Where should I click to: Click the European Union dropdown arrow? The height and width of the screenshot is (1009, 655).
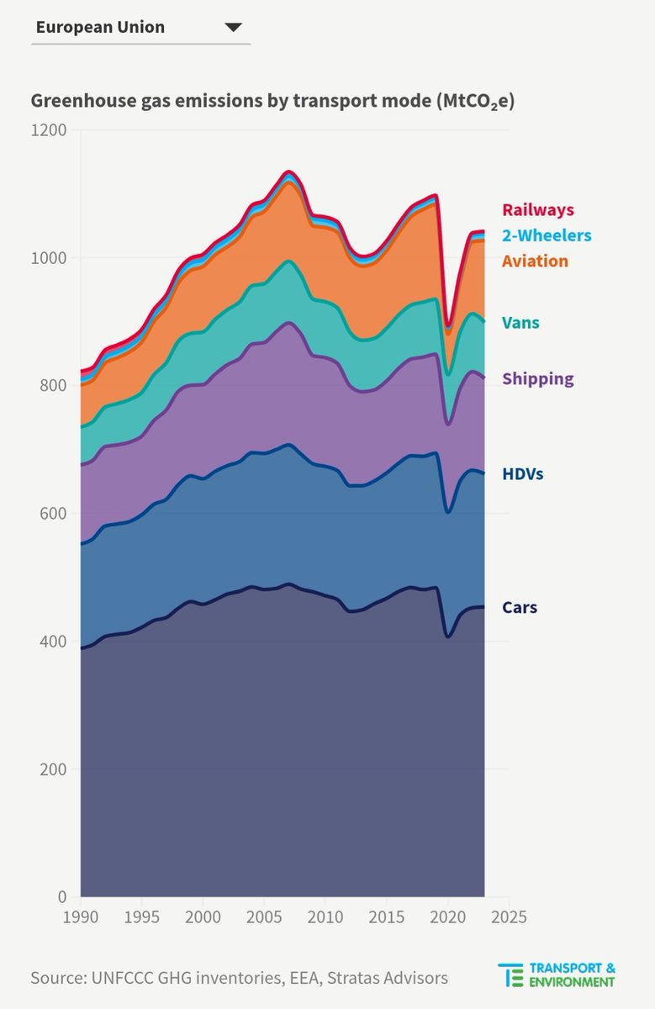233,28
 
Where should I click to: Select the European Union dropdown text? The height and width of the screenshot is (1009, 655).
100,27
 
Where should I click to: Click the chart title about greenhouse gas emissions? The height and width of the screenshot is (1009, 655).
272,102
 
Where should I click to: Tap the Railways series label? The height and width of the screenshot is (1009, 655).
538,210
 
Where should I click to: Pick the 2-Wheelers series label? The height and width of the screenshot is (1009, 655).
547,235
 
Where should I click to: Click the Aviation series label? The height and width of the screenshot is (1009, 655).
535,261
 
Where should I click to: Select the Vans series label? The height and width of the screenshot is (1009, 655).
520,322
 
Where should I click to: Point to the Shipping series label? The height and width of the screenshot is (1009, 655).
537,378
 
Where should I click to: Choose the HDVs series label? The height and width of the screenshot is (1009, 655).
522,474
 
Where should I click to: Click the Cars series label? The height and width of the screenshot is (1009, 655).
519,607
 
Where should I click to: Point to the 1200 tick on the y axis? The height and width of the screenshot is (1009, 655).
50,130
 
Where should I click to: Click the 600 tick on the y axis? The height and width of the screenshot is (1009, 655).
54,514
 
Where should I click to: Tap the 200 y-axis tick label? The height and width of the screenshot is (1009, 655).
54,769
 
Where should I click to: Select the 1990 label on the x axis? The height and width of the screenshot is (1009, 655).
81,916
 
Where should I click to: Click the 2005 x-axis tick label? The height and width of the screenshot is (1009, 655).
264,916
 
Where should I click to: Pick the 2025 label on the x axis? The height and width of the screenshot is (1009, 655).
509,916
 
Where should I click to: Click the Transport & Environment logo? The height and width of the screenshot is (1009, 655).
556,975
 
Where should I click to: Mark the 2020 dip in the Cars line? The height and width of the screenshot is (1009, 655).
448,637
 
